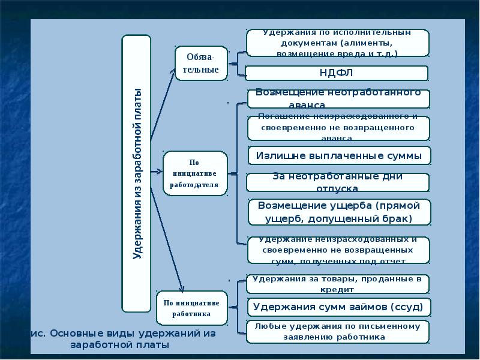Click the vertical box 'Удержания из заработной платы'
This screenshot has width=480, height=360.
click(137, 174)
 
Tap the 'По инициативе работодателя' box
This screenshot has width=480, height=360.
click(195, 173)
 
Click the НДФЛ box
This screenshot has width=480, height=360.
click(337, 73)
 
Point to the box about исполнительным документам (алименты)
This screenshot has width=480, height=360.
click(337, 43)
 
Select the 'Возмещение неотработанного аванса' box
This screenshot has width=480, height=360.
click(338, 98)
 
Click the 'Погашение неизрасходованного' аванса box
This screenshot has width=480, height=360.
click(338, 128)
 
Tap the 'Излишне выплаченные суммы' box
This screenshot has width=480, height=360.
click(339, 155)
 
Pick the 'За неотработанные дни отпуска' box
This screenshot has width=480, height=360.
click(338, 182)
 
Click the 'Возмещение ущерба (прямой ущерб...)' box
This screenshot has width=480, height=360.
click(339, 212)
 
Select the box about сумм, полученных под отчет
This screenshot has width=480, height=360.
click(338, 250)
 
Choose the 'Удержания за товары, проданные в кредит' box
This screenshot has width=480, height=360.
click(338, 284)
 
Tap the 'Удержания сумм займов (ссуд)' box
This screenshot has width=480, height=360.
click(338, 307)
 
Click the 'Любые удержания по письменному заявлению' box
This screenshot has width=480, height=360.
click(338, 332)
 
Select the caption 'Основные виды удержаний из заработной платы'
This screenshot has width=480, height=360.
click(123, 339)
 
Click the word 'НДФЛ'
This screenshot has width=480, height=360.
click(337, 73)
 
